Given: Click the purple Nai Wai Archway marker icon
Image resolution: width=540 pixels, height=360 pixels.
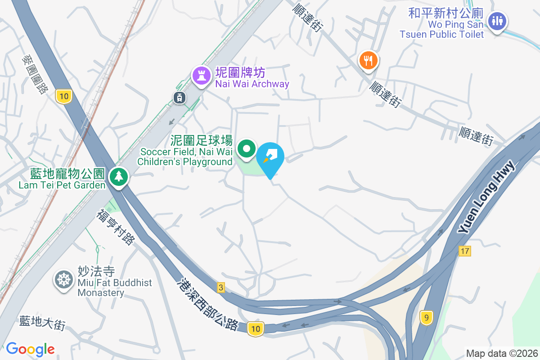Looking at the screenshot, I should coord(202,75).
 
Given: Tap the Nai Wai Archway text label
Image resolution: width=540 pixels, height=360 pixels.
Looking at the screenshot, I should coord(252,84).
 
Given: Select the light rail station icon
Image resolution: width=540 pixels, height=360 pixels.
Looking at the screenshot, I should coord(179,97).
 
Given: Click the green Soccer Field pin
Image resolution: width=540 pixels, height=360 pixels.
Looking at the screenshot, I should coord(247,148).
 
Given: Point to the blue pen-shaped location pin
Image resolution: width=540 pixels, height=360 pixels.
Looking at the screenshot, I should coord(271,157).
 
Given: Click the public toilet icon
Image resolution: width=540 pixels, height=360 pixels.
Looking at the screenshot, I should coord(497,21).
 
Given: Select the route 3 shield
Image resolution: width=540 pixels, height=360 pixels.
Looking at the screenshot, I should coord(220,288).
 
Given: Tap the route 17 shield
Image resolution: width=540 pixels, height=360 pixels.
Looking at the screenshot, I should coord(465,251).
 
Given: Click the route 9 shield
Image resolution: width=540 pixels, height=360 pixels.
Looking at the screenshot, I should coord(426,318).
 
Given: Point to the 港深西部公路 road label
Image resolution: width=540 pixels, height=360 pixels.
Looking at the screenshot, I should coord(208,304).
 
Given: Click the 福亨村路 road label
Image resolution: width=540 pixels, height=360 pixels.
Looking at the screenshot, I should coord(115,227).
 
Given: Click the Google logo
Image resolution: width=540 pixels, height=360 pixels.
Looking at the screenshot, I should coord(31,349).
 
